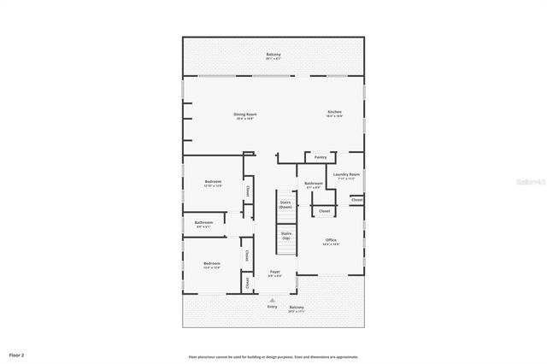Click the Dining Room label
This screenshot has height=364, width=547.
[x=246, y=114]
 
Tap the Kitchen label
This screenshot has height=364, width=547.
[x=335, y=113]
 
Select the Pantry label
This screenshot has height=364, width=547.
[x=321, y=157]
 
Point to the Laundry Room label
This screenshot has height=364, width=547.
[x=349, y=174]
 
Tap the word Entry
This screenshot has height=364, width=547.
[x=272, y=307]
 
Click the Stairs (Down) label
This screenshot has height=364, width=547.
[x=285, y=205]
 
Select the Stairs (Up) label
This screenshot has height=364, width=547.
[x=285, y=235]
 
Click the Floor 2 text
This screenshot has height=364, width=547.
[x=17, y=354]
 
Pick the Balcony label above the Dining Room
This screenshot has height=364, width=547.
[x=273, y=55]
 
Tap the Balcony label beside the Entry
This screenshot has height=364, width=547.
[x=297, y=308]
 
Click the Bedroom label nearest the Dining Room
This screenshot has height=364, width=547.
[x=213, y=182]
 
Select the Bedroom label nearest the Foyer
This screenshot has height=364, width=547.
[x=212, y=263]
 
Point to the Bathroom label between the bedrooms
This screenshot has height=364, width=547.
[x=203, y=223]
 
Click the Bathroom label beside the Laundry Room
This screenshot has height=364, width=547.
[x=313, y=183]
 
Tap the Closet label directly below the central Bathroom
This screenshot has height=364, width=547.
[x=324, y=210]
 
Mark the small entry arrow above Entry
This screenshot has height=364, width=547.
[x=272, y=301]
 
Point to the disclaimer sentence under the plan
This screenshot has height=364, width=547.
[x=273, y=357]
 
